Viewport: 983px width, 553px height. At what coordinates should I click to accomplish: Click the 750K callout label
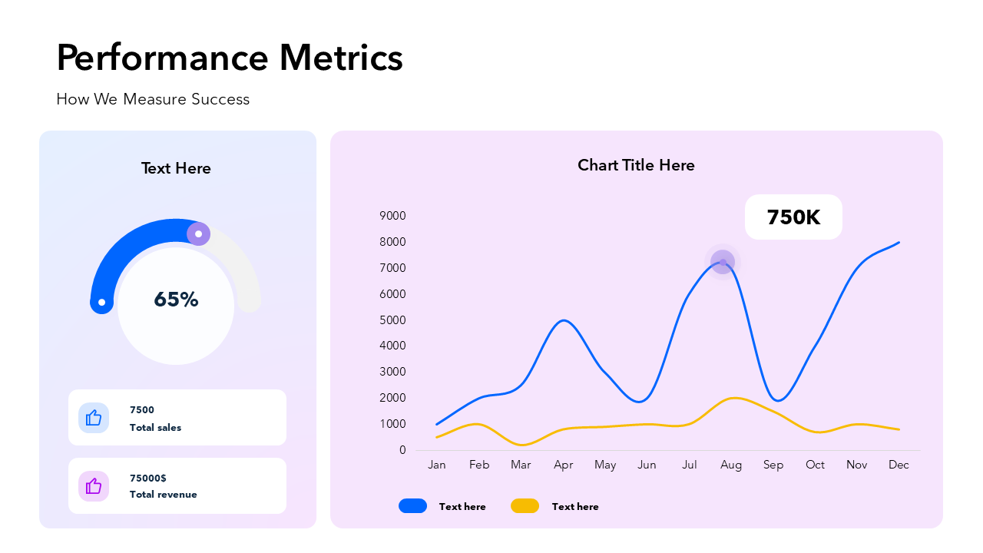(x=793, y=217)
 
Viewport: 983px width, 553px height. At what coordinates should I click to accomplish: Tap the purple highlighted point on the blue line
(x=723, y=262)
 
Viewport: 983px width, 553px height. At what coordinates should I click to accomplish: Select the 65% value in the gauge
(x=176, y=300)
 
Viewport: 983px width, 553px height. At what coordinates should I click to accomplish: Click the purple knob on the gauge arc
(x=198, y=233)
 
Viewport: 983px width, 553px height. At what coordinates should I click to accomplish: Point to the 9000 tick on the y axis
(x=392, y=216)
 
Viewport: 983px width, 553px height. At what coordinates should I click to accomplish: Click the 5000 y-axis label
(x=392, y=320)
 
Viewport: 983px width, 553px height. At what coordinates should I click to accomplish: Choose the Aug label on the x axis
(x=731, y=465)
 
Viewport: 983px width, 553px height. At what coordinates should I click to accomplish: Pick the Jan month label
(x=436, y=465)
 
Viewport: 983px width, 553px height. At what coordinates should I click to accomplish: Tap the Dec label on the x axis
(x=899, y=465)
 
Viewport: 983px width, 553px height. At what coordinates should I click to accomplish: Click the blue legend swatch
(x=412, y=505)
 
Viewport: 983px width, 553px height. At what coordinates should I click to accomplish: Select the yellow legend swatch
(x=525, y=505)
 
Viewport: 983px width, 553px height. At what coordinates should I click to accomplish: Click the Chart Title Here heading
(x=636, y=165)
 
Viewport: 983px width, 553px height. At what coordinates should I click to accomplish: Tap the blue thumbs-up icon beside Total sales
(x=94, y=418)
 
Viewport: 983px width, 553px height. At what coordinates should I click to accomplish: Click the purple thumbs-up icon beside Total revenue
(x=94, y=486)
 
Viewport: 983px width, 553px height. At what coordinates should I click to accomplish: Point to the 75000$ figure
(x=148, y=478)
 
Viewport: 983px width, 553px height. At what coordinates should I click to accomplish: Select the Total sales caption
(x=155, y=428)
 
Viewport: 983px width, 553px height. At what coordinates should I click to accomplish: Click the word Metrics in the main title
(x=340, y=58)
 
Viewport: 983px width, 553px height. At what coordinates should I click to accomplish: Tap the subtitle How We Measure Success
(x=153, y=99)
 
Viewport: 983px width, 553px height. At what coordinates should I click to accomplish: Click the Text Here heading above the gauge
(x=176, y=168)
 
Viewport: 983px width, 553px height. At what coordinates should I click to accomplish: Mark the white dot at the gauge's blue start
(x=101, y=302)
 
